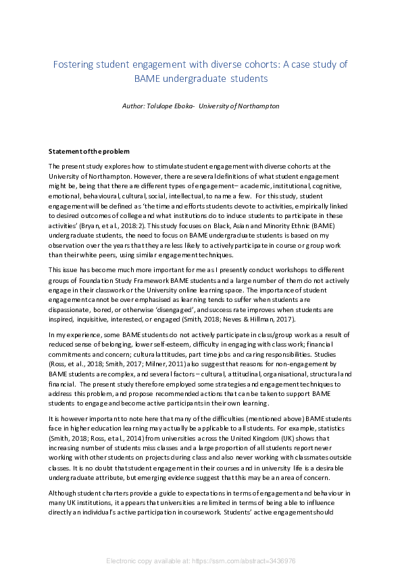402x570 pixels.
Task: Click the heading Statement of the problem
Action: point(89,150)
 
